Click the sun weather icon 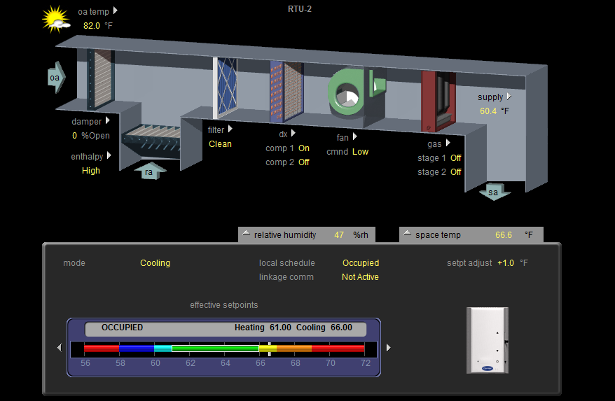pyautogui.click(x=56, y=20)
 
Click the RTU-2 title pyautogui.click(x=300, y=9)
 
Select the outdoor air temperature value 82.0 pyautogui.click(x=91, y=26)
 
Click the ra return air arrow pyautogui.click(x=150, y=171)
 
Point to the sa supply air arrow pyautogui.click(x=495, y=192)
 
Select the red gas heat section pyautogui.click(x=438, y=101)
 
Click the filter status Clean pyautogui.click(x=220, y=144)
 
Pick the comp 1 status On pyautogui.click(x=304, y=148)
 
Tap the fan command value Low pyautogui.click(x=361, y=152)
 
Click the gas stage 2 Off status pyautogui.click(x=456, y=172)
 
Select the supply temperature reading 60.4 pyautogui.click(x=488, y=111)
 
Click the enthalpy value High pyautogui.click(x=91, y=171)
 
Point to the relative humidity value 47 pyautogui.click(x=339, y=235)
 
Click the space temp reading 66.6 pyautogui.click(x=504, y=235)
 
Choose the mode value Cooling pyautogui.click(x=156, y=263)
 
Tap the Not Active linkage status pyautogui.click(x=360, y=277)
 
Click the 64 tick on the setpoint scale pyautogui.click(x=226, y=363)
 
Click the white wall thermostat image pyautogui.click(x=488, y=340)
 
